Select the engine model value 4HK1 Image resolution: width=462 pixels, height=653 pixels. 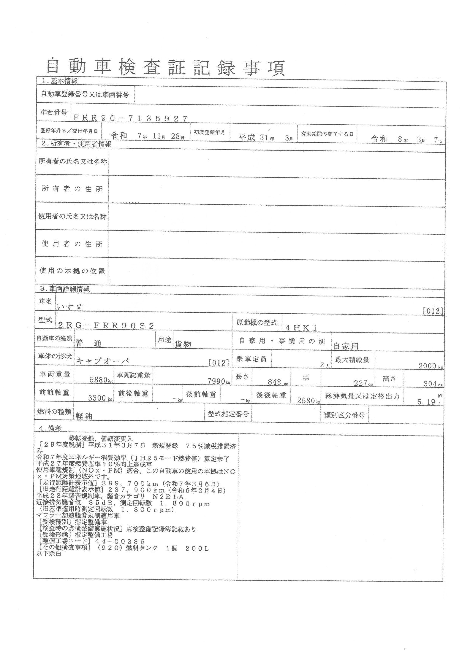coord(301,328)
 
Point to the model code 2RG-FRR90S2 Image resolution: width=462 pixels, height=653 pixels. coord(106,326)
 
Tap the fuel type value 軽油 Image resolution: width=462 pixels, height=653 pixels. coord(84,416)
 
